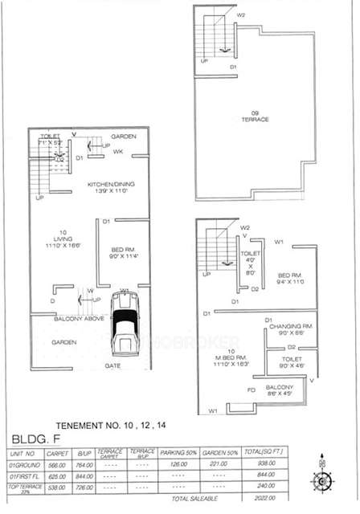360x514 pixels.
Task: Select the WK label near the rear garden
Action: point(117,152)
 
